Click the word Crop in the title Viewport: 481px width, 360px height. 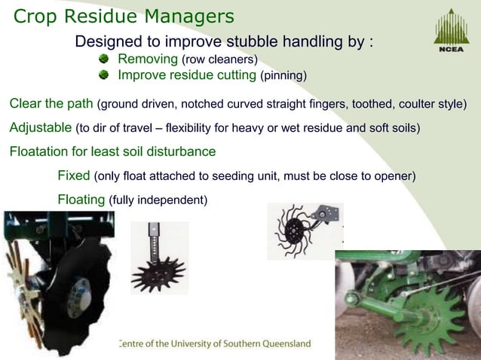pyautogui.click(x=38, y=15)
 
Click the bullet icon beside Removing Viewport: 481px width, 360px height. pyautogui.click(x=106, y=59)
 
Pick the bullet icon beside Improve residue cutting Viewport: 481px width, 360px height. pyautogui.click(x=106, y=75)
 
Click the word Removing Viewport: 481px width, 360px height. pyautogui.click(x=148, y=59)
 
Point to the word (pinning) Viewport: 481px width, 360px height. pyautogui.click(x=283, y=76)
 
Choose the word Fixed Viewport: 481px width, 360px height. pyautogui.click(x=74, y=176)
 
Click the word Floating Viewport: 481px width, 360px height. pyautogui.click(x=81, y=200)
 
